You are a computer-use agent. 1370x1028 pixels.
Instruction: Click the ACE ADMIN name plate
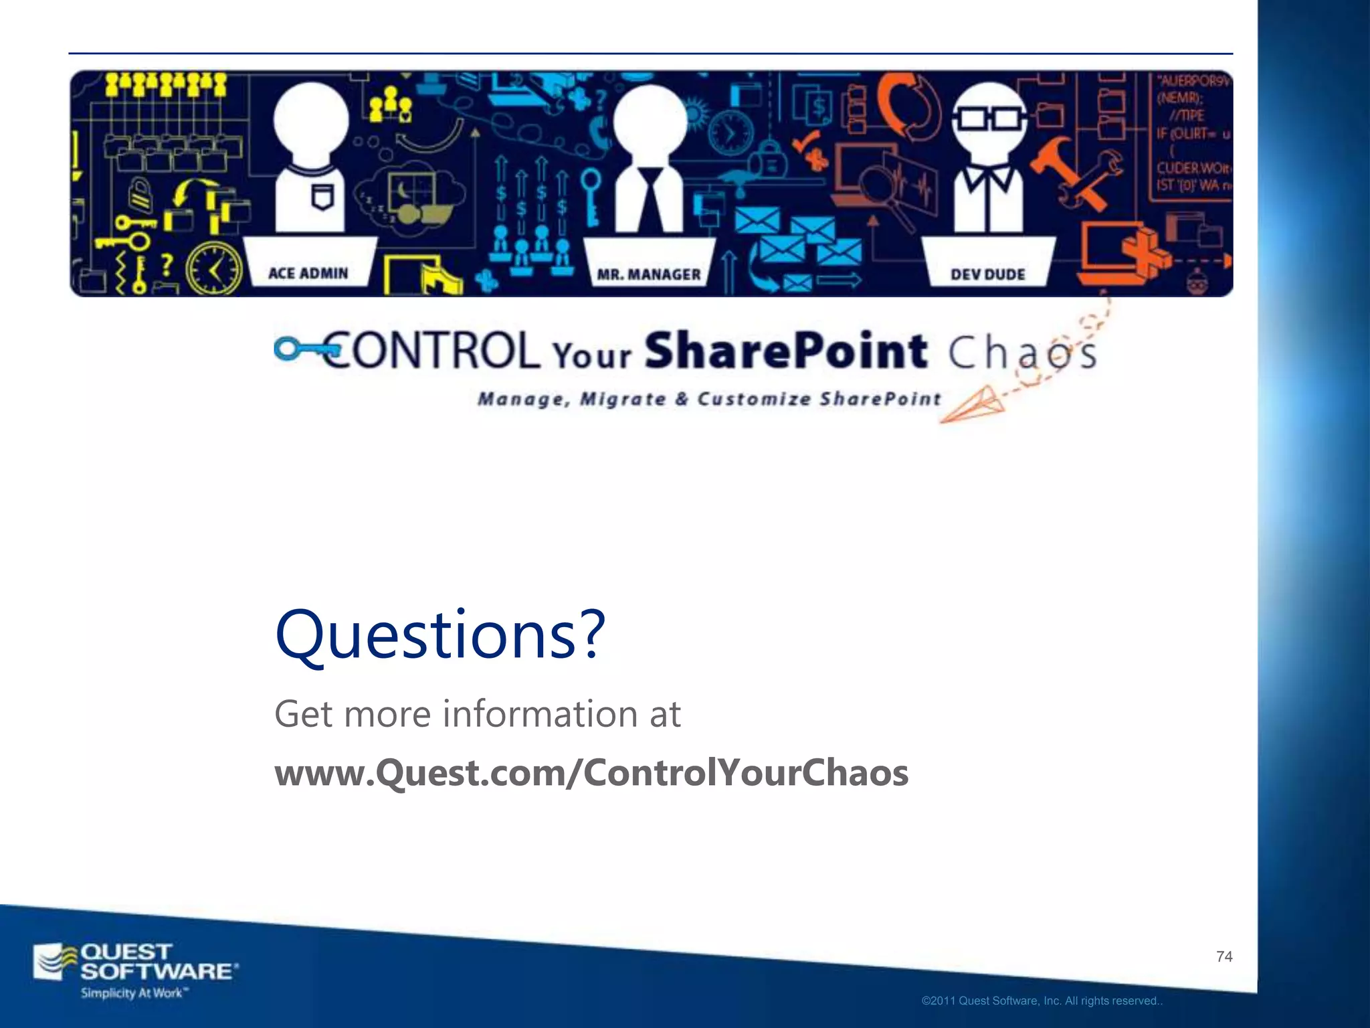308,273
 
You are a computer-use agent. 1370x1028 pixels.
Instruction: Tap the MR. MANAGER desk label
648,274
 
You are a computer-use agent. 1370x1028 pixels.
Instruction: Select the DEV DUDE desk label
987,274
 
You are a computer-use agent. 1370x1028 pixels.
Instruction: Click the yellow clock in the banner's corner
214,270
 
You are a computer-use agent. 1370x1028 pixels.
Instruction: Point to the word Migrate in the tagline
623,400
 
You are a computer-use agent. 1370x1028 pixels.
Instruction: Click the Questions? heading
440,634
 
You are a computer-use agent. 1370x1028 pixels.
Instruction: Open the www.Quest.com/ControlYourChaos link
591,772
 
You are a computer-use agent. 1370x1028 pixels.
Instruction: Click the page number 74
1224,956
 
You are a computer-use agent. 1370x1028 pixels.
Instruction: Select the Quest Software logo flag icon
55,962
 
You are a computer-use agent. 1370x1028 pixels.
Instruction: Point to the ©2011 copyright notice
1042,1001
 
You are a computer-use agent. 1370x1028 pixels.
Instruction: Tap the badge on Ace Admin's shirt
322,196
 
